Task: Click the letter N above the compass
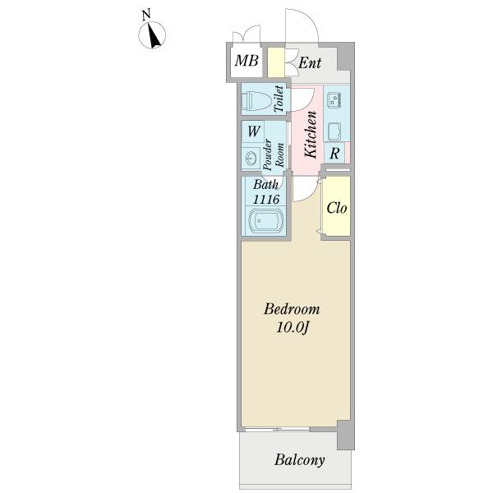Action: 146,15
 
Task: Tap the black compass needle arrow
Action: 154,36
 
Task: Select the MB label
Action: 246,60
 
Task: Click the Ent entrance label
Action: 310,62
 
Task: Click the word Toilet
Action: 279,99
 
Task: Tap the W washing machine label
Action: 254,131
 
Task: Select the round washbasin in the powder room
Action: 251,158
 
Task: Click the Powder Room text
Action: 274,154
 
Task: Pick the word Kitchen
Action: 311,134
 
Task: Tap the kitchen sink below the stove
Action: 334,131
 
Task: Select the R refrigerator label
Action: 334,154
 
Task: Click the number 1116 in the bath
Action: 266,199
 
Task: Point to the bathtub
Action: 266,221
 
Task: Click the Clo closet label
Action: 337,208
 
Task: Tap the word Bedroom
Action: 292,309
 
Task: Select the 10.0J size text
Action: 293,328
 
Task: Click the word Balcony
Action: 300,461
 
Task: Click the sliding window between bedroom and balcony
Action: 277,429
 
